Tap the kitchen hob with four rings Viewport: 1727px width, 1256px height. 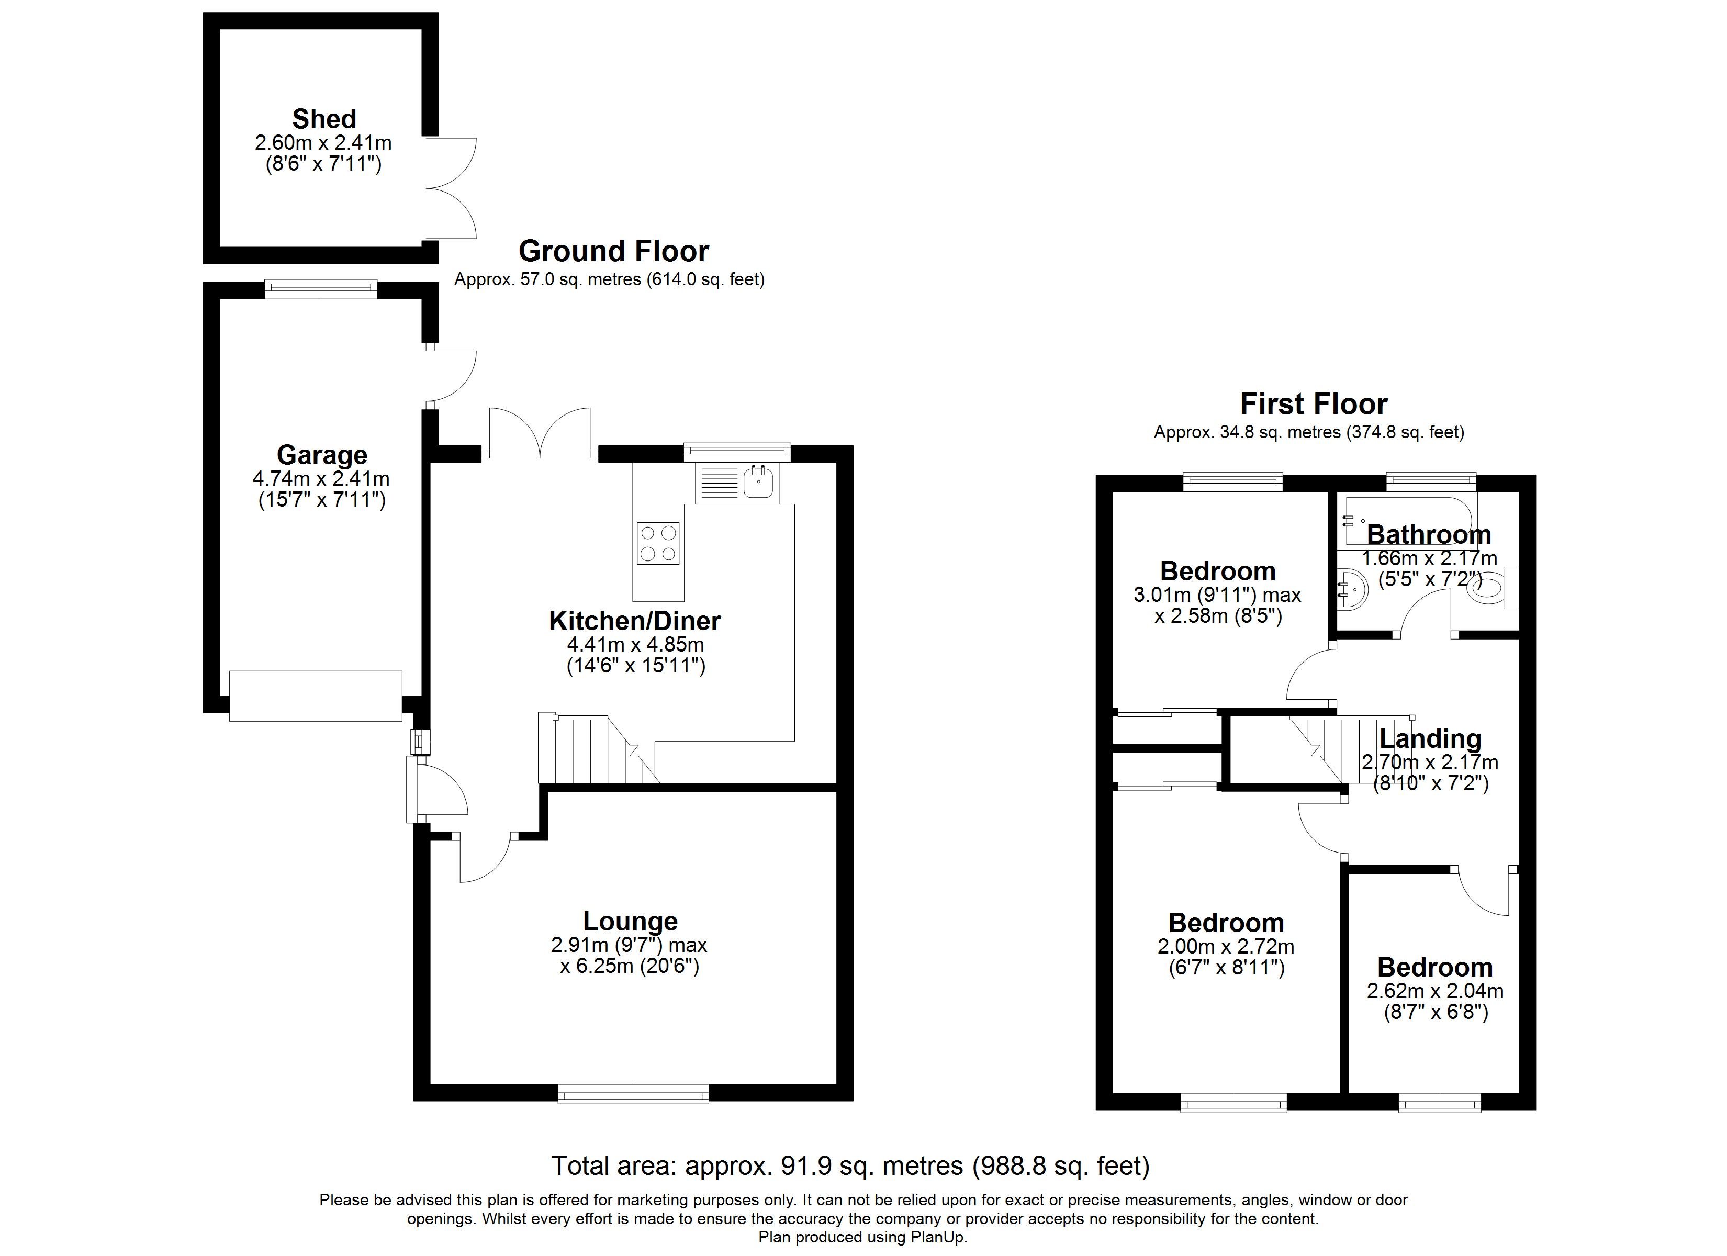point(658,543)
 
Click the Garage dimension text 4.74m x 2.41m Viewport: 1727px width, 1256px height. point(321,479)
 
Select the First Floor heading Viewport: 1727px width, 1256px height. point(1314,403)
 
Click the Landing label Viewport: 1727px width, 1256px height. point(1430,739)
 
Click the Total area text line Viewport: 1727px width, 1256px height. point(850,1166)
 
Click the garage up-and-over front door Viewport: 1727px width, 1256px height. point(315,696)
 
